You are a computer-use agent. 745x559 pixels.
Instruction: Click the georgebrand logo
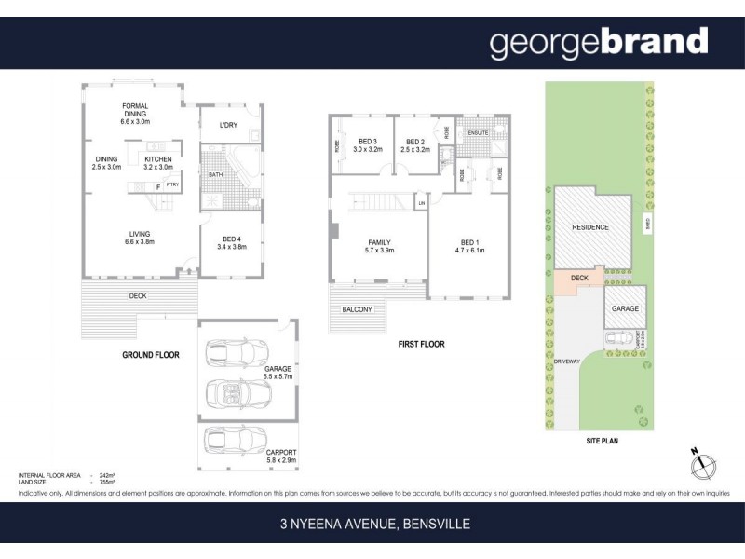tap(599, 43)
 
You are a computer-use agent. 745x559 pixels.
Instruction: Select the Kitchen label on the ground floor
tap(159, 163)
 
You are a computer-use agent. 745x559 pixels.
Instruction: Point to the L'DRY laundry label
tap(228, 126)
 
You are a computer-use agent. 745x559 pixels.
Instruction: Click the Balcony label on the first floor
tap(357, 309)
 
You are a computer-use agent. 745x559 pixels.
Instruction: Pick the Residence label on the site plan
tap(590, 227)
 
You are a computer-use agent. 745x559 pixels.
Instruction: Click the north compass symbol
tap(704, 465)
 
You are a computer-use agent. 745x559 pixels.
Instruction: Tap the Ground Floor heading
tap(151, 355)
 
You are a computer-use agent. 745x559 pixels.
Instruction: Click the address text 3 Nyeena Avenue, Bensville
tap(374, 525)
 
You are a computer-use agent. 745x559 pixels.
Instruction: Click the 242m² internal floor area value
tap(106, 475)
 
